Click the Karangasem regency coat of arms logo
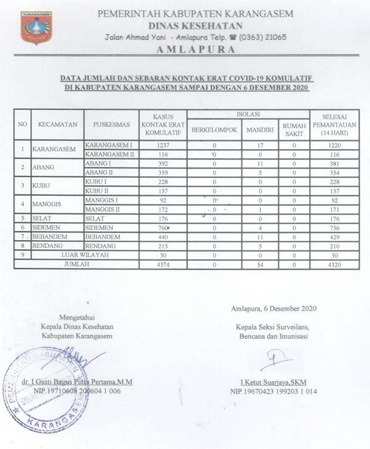(36, 28)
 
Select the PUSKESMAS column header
(112, 125)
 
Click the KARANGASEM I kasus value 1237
(163, 145)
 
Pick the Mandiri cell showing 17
(259, 145)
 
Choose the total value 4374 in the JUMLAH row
(163, 265)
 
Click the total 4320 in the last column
(334, 265)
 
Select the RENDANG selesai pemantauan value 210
(334, 246)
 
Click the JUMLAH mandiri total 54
(259, 265)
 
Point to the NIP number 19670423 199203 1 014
(274, 391)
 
